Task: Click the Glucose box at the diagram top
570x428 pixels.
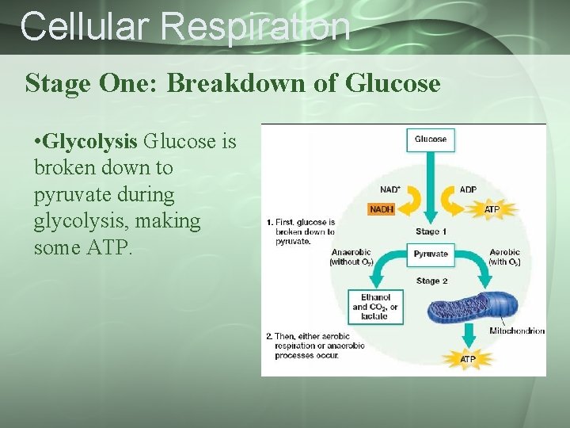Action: tap(431, 139)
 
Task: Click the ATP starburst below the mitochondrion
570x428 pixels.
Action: tap(469, 359)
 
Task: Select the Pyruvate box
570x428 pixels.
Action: tap(431, 254)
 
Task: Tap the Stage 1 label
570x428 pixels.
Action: tap(431, 231)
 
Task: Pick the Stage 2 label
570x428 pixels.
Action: tap(432, 281)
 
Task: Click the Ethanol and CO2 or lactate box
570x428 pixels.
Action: tap(375, 307)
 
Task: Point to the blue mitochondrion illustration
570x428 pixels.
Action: tap(472, 308)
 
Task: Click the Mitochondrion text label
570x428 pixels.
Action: tap(516, 331)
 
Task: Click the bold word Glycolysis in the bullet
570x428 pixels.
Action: tap(90, 142)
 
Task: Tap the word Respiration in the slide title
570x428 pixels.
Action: tap(254, 26)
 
